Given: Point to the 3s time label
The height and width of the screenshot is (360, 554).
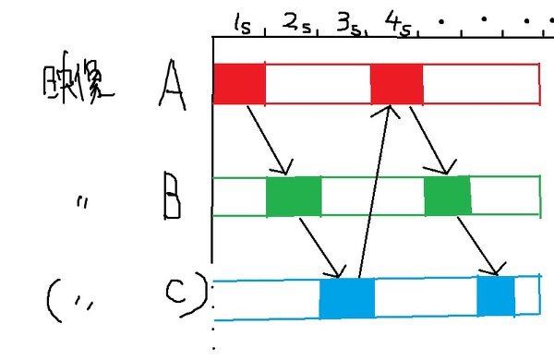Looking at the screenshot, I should (349, 23).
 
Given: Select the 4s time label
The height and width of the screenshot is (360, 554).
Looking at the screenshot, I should (400, 23).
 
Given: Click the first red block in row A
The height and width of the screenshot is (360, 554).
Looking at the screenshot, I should (239, 84).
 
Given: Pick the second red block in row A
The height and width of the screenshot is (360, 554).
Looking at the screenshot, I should (397, 84).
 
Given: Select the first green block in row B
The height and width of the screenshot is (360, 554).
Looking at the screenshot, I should (294, 197).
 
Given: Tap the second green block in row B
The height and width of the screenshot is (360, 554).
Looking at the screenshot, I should (448, 197).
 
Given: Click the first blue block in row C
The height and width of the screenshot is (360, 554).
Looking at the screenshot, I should (347, 297).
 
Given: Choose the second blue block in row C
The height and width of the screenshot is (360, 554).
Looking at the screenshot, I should (495, 295).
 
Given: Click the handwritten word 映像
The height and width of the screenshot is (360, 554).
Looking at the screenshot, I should (78, 84).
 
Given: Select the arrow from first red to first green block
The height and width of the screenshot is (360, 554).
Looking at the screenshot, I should (269, 139).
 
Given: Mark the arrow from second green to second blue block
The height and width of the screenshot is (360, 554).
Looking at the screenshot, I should (484, 245).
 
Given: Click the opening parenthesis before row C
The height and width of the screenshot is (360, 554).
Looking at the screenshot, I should (53, 299).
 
